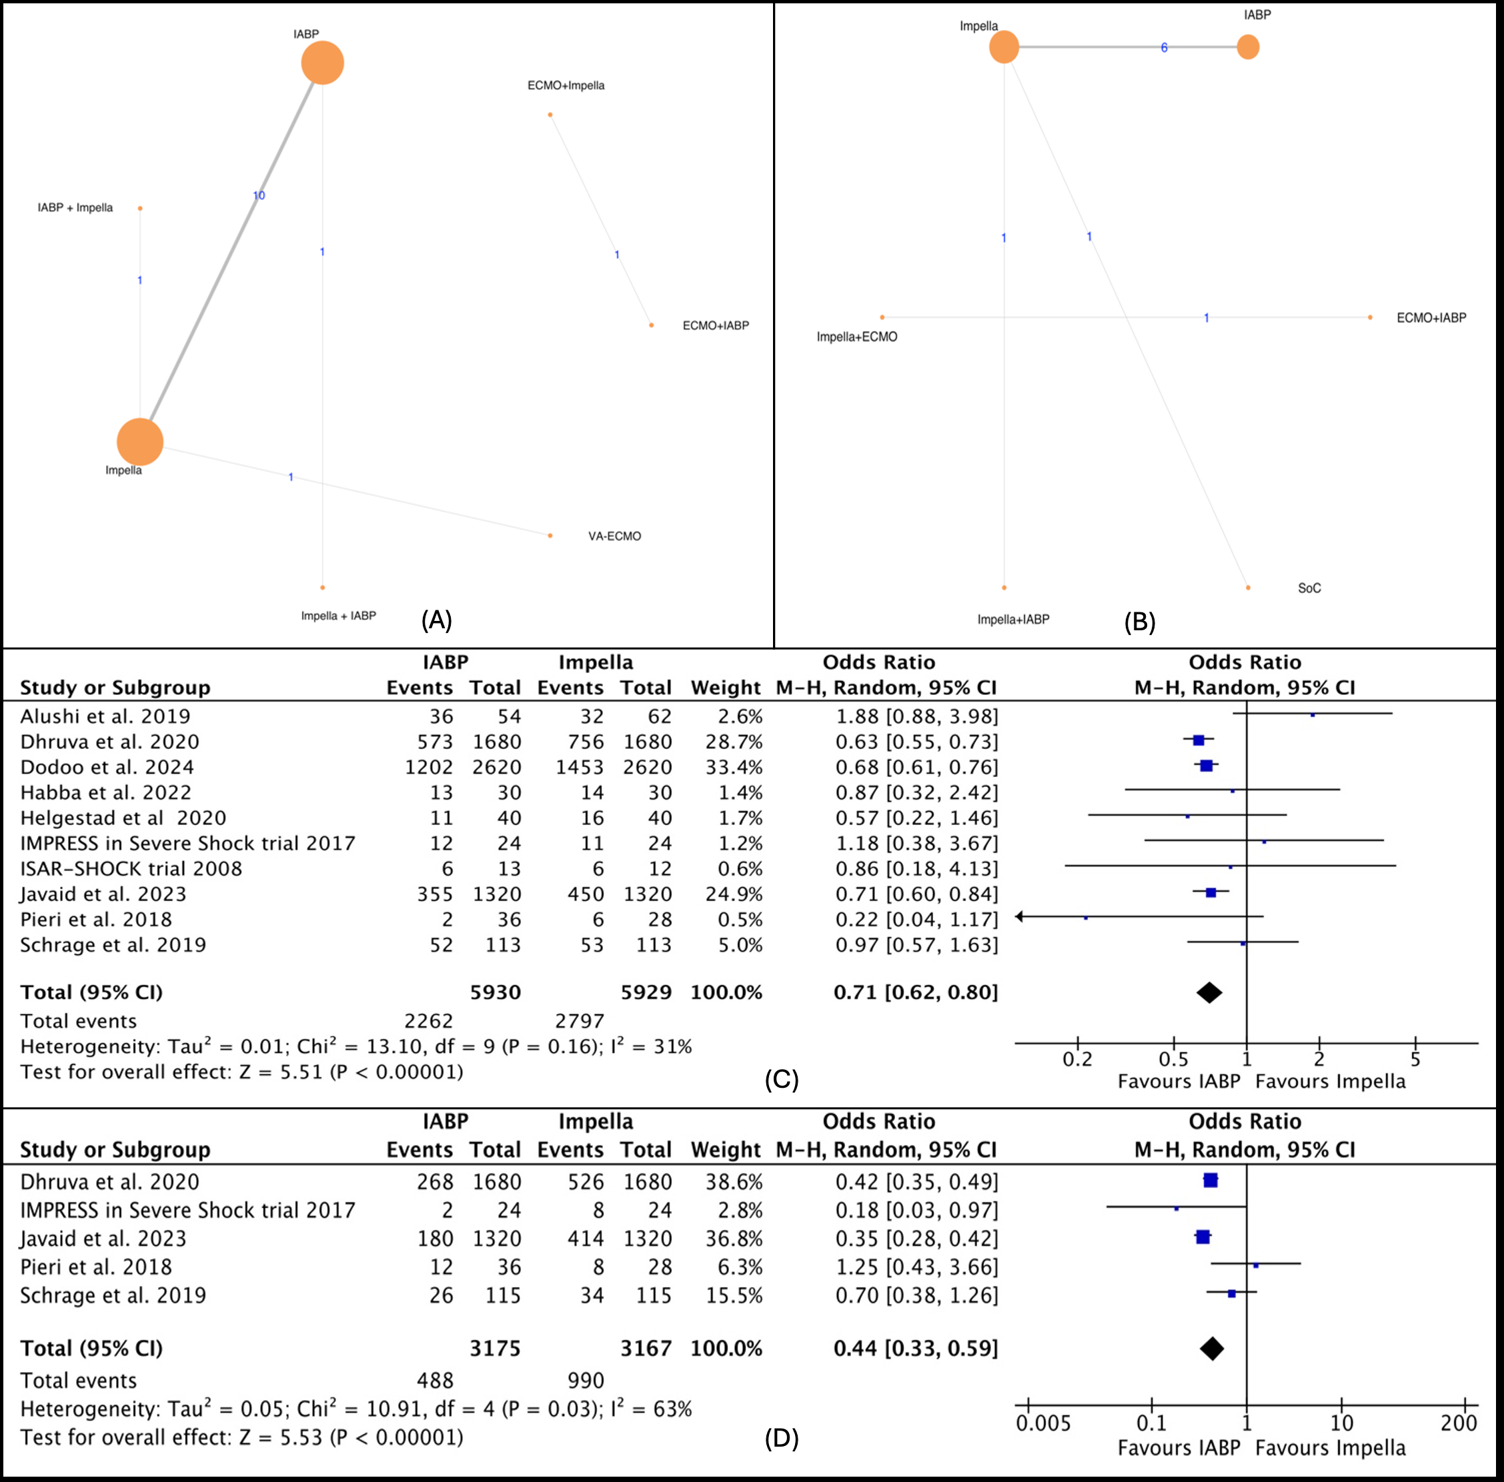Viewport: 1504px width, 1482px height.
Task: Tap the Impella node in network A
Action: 140,442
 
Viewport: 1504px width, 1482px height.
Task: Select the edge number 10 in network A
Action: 259,195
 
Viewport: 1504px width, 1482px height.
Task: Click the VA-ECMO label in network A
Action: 614,536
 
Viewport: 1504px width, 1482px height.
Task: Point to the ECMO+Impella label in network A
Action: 566,85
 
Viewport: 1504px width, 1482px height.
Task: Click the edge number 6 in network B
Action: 1164,47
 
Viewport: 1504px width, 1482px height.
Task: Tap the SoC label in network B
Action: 1309,588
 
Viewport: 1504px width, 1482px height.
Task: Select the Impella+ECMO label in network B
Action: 856,337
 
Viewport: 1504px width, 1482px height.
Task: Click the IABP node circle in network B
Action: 1248,47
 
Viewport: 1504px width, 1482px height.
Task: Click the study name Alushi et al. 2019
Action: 105,716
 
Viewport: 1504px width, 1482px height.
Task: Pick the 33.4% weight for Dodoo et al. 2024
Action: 733,767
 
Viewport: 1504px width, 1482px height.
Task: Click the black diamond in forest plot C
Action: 1209,992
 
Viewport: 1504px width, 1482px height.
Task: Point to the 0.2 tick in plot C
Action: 1077,1058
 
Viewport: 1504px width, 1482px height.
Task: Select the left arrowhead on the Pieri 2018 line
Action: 1020,917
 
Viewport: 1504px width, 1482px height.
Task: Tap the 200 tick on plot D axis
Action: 1458,1423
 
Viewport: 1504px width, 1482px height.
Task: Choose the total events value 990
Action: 586,1380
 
